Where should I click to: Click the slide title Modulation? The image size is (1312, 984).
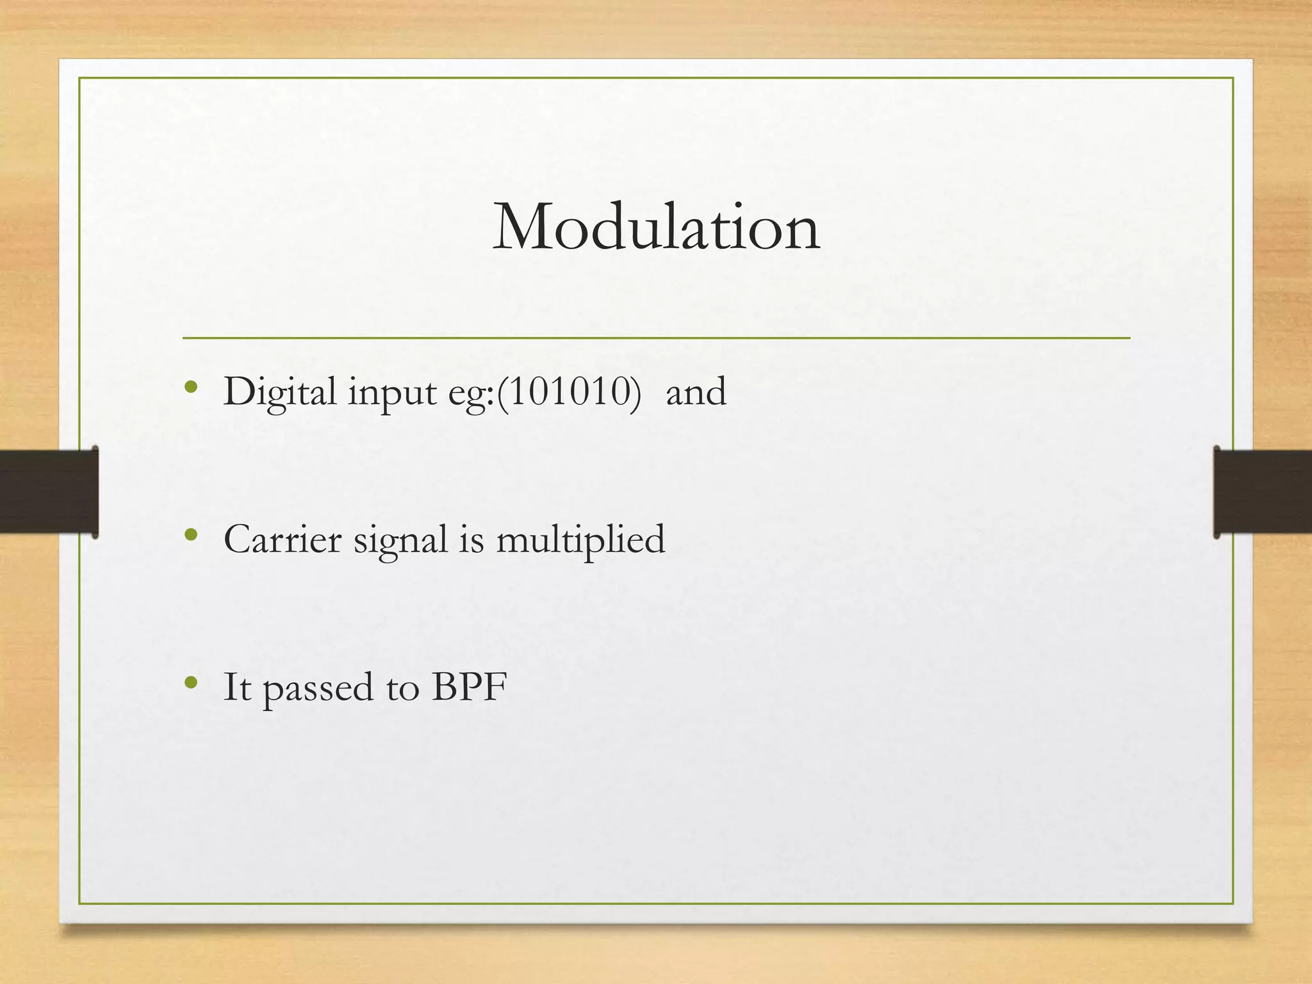[656, 227]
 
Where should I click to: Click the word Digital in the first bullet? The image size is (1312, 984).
[279, 392]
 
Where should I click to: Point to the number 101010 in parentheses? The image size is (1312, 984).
[568, 391]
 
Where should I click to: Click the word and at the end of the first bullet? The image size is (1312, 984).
[696, 392]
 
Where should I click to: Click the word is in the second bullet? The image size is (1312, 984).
[471, 539]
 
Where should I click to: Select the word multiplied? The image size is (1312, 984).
[580, 540]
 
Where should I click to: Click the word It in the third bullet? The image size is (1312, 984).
[236, 687]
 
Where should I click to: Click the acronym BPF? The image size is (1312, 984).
[469, 687]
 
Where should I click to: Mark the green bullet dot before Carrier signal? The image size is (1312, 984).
[190, 535]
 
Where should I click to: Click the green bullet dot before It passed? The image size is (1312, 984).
[190, 683]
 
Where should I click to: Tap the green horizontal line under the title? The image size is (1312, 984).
[656, 338]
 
